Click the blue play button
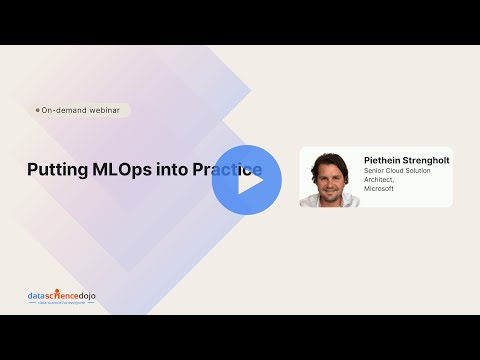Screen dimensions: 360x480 247,180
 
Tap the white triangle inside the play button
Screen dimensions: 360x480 248,180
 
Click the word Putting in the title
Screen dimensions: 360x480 56,169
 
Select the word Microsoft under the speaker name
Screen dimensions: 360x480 379,188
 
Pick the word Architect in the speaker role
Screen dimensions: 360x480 382,179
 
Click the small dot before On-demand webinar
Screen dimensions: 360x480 38,110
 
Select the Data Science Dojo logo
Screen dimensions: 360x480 61,297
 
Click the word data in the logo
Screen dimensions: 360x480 36,296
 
